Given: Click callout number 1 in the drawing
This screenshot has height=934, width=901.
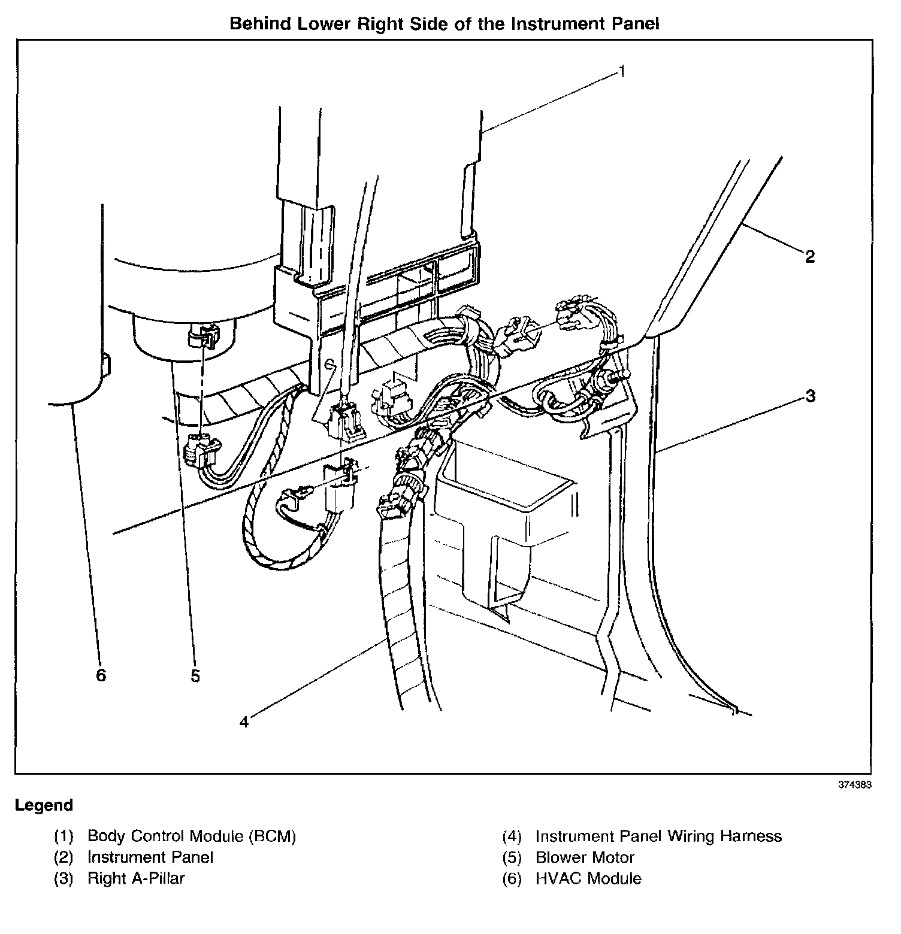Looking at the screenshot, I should (622, 72).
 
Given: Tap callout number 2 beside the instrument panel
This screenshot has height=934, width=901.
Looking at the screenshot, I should (809, 257).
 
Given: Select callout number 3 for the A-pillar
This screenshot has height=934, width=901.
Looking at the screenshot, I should (810, 396).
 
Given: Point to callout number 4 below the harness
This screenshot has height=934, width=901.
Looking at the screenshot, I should (244, 723).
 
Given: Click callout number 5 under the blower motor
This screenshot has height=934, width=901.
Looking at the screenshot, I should (195, 676).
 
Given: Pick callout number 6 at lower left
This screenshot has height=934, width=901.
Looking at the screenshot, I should (101, 675).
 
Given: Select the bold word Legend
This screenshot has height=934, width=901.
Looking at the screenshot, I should (44, 805).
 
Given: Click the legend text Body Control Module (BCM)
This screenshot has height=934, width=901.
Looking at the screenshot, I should (192, 836).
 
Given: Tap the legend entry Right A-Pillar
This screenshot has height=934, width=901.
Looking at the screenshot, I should (136, 878).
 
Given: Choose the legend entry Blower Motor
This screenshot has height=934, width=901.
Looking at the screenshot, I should (585, 857).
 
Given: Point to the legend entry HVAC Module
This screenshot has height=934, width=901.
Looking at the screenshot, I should (588, 878).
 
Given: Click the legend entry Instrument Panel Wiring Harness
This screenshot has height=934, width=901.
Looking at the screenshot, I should (658, 836).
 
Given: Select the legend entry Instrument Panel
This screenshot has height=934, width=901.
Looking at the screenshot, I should (150, 857).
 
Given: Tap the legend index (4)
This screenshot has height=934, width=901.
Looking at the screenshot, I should (512, 836).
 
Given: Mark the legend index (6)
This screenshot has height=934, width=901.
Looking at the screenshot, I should (512, 879).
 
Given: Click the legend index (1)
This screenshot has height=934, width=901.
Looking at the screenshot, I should (64, 836).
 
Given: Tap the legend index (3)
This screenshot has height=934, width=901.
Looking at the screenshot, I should (64, 879).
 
